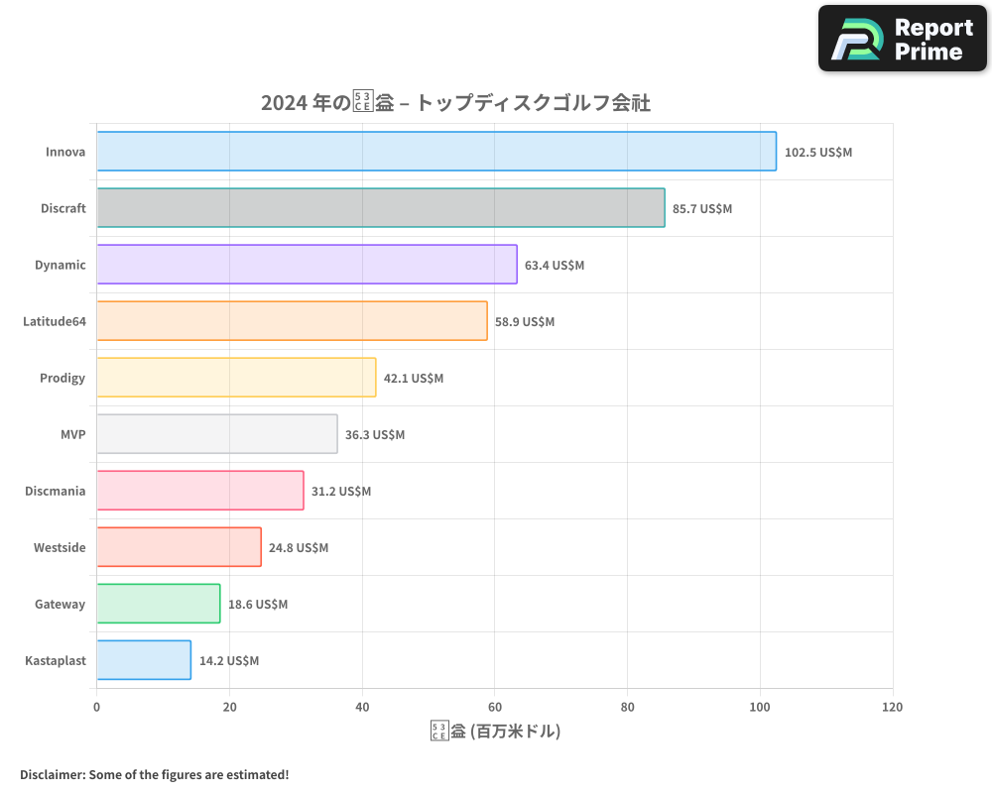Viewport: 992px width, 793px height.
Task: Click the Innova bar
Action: pyautogui.click(x=436, y=152)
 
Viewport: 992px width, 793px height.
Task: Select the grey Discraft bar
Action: pyautogui.click(x=381, y=208)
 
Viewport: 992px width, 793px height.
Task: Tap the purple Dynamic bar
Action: pyautogui.click(x=307, y=265)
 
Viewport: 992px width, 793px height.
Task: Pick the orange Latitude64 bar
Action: pyautogui.click(x=292, y=321)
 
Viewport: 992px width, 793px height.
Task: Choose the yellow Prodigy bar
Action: pyautogui.click(x=236, y=378)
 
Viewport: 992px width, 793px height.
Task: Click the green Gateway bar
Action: pyautogui.click(x=159, y=604)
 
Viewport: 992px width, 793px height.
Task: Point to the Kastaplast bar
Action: pyautogui.click(x=144, y=660)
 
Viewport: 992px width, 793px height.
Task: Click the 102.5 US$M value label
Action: pyautogui.click(x=817, y=153)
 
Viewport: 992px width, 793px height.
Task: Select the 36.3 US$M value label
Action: pyautogui.click(x=375, y=435)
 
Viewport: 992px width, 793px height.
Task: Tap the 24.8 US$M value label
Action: pyautogui.click(x=299, y=548)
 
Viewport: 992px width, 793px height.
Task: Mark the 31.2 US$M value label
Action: pyautogui.click(x=341, y=492)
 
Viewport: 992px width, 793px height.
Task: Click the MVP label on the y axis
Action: pyautogui.click(x=72, y=435)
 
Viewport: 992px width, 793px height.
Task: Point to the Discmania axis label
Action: pyautogui.click(x=55, y=492)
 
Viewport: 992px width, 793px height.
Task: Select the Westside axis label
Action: pyautogui.click(x=60, y=548)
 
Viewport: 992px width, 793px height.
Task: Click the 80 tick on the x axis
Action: pyautogui.click(x=627, y=708)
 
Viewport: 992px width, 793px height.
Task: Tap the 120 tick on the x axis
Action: pyautogui.click(x=892, y=708)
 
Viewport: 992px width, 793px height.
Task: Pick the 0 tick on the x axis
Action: pyautogui.click(x=96, y=708)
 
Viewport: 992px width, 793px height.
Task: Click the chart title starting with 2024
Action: pyautogui.click(x=455, y=103)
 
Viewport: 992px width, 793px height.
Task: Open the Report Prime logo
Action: pyautogui.click(x=903, y=39)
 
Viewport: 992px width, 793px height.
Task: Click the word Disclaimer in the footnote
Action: pyautogui.click(x=52, y=775)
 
